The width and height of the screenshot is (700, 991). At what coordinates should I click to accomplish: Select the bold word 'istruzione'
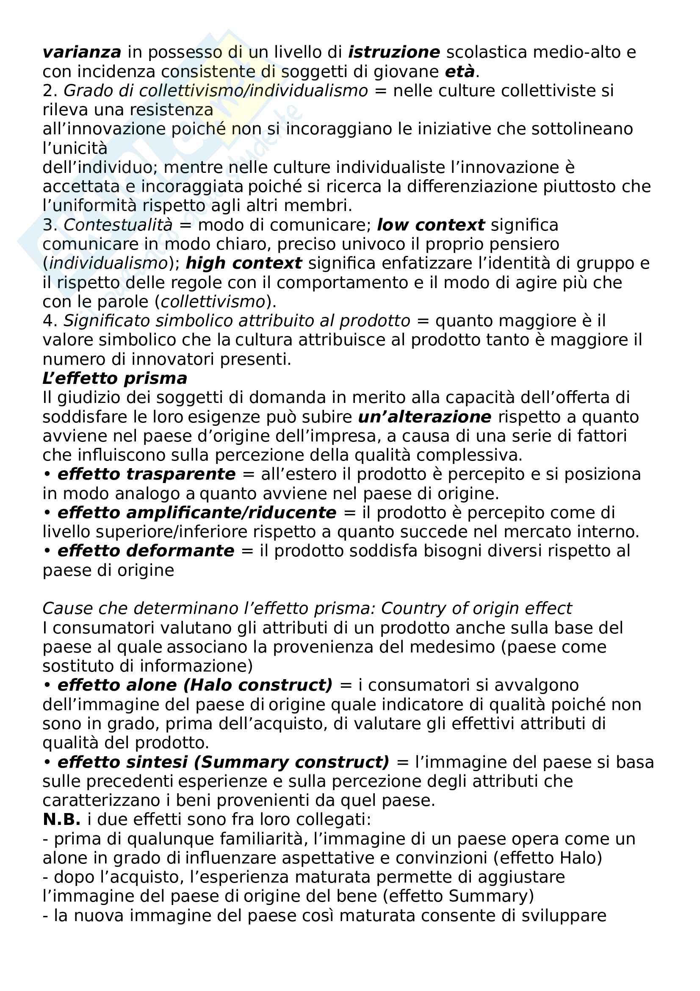click(394, 52)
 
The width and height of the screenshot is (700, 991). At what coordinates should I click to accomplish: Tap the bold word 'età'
click(460, 72)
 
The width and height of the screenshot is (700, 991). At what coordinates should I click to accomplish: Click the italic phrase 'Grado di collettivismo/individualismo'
click(216, 91)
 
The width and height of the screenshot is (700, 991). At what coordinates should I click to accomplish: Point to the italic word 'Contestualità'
click(118, 225)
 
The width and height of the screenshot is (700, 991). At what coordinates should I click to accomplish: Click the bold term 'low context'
click(430, 225)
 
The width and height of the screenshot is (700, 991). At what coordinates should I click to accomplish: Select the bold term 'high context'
click(243, 263)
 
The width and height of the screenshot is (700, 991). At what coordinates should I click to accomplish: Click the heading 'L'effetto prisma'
click(115, 378)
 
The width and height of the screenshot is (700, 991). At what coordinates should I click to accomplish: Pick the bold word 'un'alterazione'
click(424, 416)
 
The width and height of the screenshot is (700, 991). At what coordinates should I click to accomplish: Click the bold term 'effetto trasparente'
click(146, 474)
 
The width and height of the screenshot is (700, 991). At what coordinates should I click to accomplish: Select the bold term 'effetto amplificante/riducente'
click(196, 512)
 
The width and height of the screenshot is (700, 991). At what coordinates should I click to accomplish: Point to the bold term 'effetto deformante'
click(146, 551)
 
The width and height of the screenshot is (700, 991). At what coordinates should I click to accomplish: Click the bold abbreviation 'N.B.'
click(62, 819)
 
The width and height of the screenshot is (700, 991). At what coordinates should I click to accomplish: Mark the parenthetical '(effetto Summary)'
click(458, 896)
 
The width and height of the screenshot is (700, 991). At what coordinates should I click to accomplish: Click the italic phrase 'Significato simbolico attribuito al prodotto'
click(237, 321)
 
